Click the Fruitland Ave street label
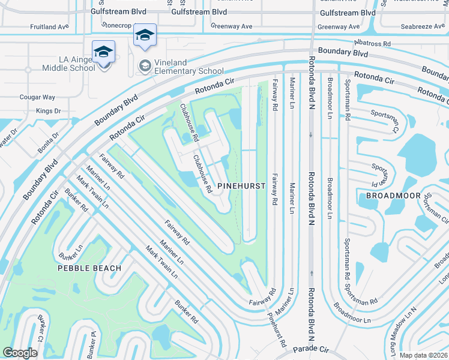click(50, 27)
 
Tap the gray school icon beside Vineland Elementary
click(145, 64)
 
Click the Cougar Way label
click(38, 97)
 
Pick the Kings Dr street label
click(49, 111)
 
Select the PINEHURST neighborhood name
click(241, 186)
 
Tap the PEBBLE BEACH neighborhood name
click(89, 268)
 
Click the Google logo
click(20, 353)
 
